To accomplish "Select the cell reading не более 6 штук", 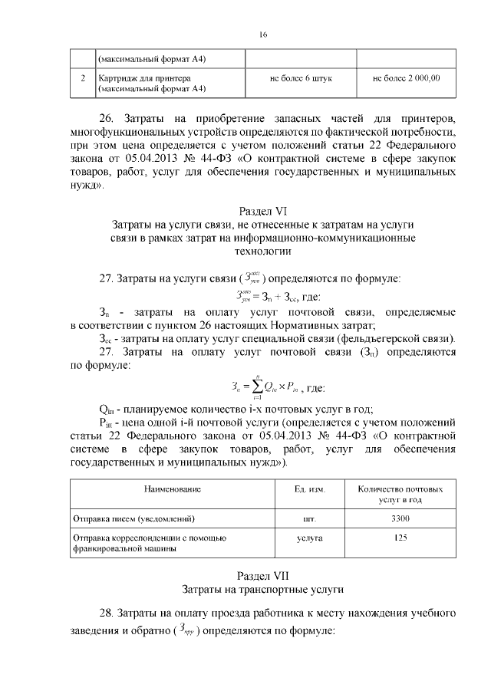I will [301, 78].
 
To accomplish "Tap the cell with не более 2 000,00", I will [406, 78].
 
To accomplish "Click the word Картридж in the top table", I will [117, 78].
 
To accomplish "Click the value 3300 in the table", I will [399, 518].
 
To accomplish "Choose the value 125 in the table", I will [399, 538].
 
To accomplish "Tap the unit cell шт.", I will [309, 518].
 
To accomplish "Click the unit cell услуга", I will [309, 538].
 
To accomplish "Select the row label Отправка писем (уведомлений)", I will [135, 518].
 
